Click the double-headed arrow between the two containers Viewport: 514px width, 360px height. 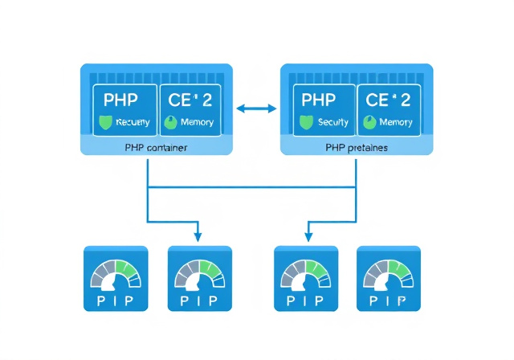click(x=256, y=108)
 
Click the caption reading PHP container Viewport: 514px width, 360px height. click(x=157, y=148)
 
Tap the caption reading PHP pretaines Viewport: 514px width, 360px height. click(x=357, y=148)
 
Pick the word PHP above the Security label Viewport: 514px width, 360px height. click(x=319, y=100)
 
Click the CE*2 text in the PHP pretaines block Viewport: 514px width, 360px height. click(x=388, y=100)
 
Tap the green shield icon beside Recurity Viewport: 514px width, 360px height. click(x=105, y=123)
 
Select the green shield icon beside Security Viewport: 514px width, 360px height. click(x=305, y=123)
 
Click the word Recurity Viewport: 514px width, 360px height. click(x=133, y=123)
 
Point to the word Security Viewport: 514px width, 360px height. click(x=332, y=123)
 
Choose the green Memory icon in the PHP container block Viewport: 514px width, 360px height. click(x=170, y=123)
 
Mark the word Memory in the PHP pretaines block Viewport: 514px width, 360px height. click(x=396, y=123)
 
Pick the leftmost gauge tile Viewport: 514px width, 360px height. click(x=116, y=279)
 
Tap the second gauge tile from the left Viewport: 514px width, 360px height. click(x=198, y=279)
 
